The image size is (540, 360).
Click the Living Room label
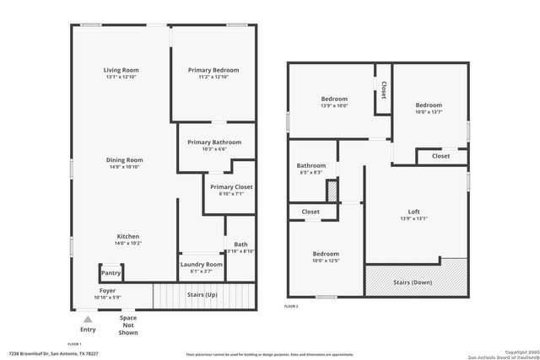click(x=121, y=70)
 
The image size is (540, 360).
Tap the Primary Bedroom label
click(x=213, y=70)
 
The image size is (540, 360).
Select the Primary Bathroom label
click(x=214, y=142)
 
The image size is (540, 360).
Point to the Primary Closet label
click(x=231, y=187)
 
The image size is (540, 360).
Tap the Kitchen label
click(x=128, y=237)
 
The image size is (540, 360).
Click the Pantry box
click(x=111, y=272)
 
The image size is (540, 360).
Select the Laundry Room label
click(x=202, y=265)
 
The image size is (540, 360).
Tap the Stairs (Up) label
click(x=202, y=295)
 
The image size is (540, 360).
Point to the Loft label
click(x=413, y=212)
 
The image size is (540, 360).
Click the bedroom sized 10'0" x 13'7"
click(x=429, y=106)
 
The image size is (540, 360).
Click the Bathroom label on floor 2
click(x=310, y=166)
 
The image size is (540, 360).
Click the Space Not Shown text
click(x=128, y=325)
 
